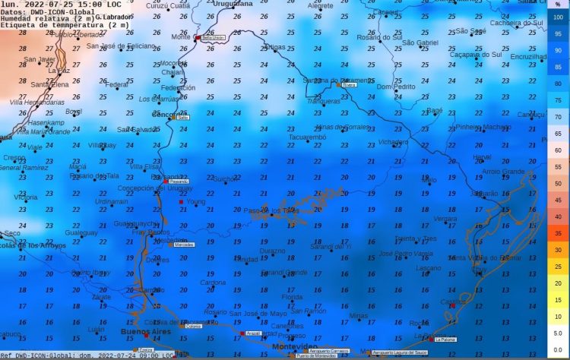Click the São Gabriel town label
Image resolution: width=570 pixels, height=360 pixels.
coord(420,43)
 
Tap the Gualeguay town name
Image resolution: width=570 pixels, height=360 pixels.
coord(81,233)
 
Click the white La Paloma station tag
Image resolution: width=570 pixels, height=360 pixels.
coord(445,339)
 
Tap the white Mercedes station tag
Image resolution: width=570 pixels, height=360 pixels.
coord(185,245)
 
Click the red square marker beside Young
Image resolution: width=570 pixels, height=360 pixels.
coord(181,202)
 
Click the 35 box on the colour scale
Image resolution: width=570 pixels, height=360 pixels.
coord(558,233)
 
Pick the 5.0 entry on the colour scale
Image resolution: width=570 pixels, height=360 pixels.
coord(558,332)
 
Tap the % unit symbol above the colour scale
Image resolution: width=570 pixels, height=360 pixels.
coord(558,4)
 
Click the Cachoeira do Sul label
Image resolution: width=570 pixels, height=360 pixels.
coord(517,23)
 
